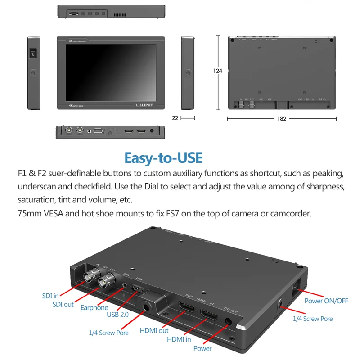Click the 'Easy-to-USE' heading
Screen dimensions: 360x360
(x=163, y=158)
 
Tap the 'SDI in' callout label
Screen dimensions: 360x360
(x=51, y=296)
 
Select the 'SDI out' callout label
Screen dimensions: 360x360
(x=63, y=304)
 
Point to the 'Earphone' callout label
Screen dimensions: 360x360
(x=94, y=308)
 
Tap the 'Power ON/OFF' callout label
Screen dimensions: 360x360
(x=326, y=301)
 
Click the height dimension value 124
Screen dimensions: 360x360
(x=218, y=71)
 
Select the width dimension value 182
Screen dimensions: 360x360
(x=282, y=118)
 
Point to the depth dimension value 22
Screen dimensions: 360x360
(x=175, y=118)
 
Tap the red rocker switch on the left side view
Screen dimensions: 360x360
(x=32, y=54)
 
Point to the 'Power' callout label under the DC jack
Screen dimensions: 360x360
(x=202, y=348)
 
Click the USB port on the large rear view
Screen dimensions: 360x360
(x=138, y=288)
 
